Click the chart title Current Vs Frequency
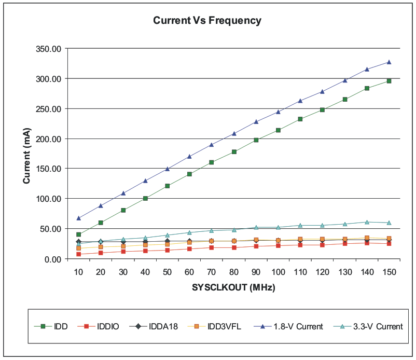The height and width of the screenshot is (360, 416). pos(207,21)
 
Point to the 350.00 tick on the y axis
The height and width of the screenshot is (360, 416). pos(48,49)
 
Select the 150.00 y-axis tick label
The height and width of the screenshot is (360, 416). pos(48,169)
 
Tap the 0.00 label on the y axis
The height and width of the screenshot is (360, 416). pos(52,259)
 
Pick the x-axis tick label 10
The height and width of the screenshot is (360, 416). pos(78,272)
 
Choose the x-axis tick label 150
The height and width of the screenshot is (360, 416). pos(389,272)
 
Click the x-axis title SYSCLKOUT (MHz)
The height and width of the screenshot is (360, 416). pos(233,287)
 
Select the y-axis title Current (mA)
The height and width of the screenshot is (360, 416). pos(27,154)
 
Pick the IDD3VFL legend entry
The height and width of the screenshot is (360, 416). pos(217,326)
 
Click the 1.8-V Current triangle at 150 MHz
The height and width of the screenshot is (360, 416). pos(389,62)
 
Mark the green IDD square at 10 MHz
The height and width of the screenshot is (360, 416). pos(78,234)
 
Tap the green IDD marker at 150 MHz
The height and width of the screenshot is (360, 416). pos(389,81)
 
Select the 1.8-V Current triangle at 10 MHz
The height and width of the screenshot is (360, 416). pos(78,218)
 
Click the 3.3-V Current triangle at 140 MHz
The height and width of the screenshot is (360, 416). pos(367,222)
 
